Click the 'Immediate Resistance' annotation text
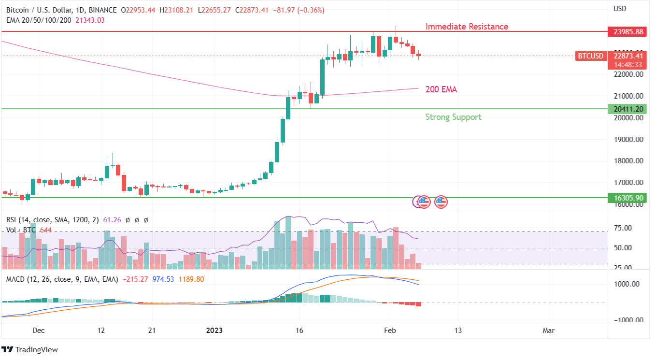click(x=467, y=27)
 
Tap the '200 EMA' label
click(x=441, y=89)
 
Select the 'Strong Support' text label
click(x=453, y=117)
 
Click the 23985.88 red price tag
click(x=628, y=32)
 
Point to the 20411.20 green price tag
click(x=628, y=109)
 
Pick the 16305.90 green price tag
click(x=628, y=198)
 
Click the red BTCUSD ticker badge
click(x=591, y=56)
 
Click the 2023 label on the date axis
click(x=214, y=331)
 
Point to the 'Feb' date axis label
click(x=390, y=331)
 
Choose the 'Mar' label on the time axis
click(x=548, y=331)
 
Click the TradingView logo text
click(x=36, y=349)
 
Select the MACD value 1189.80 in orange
click(x=191, y=279)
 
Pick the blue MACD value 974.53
click(x=163, y=279)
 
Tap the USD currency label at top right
click(x=620, y=9)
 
